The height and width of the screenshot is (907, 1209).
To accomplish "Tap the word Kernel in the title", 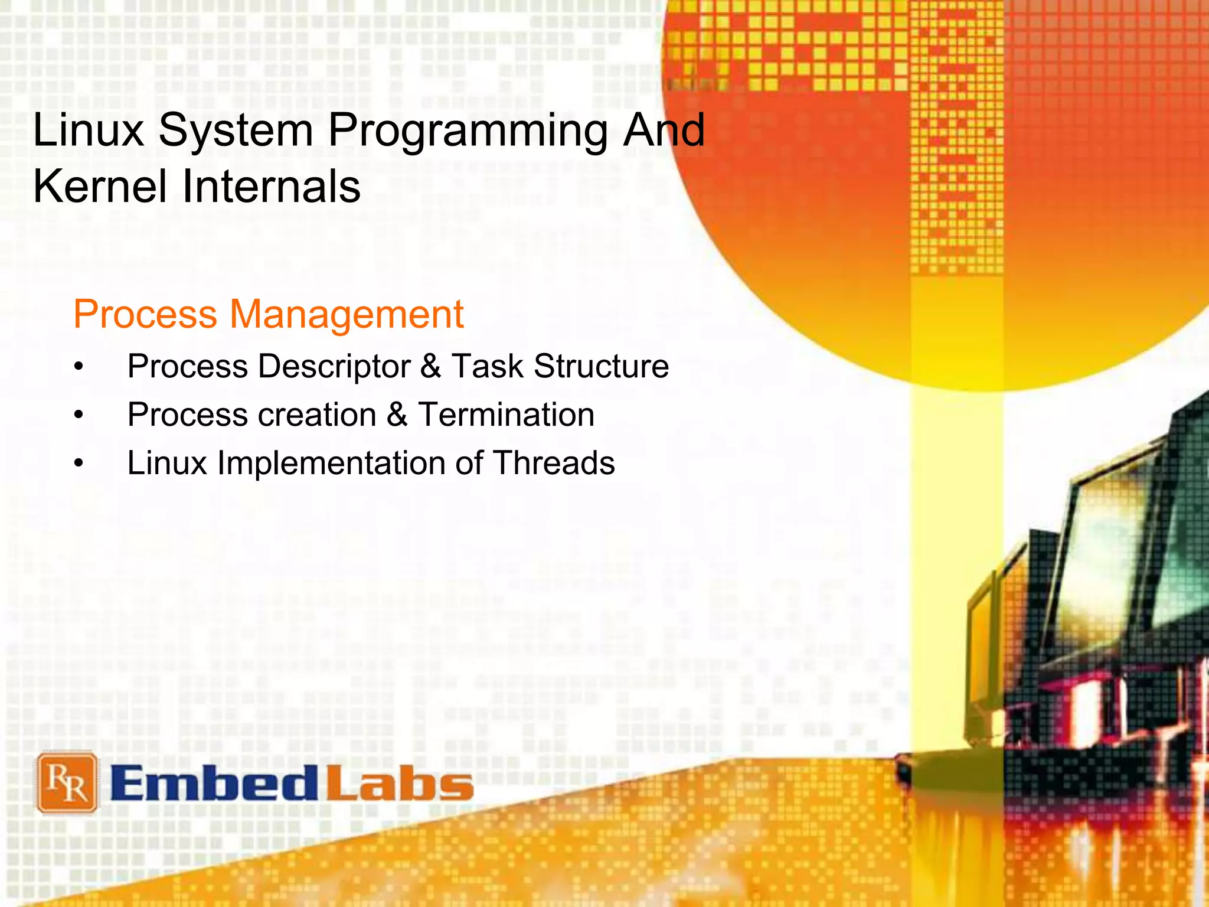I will click(100, 187).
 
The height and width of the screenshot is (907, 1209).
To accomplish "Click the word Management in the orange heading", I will click(347, 315).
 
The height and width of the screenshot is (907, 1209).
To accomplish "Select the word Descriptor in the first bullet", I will click(334, 367).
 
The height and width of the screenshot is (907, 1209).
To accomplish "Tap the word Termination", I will click(506, 415).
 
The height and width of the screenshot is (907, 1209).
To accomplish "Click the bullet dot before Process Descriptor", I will click(79, 368).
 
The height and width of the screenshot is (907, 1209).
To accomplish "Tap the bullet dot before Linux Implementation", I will click(79, 465).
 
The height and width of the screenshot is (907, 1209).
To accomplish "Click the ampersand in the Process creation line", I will click(397, 415).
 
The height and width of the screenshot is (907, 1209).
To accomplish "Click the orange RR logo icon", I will click(67, 782).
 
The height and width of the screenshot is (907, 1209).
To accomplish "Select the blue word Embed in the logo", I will click(214, 784).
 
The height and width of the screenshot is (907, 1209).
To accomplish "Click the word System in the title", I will click(236, 131).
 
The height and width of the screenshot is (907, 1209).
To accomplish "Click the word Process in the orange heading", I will click(146, 315).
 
